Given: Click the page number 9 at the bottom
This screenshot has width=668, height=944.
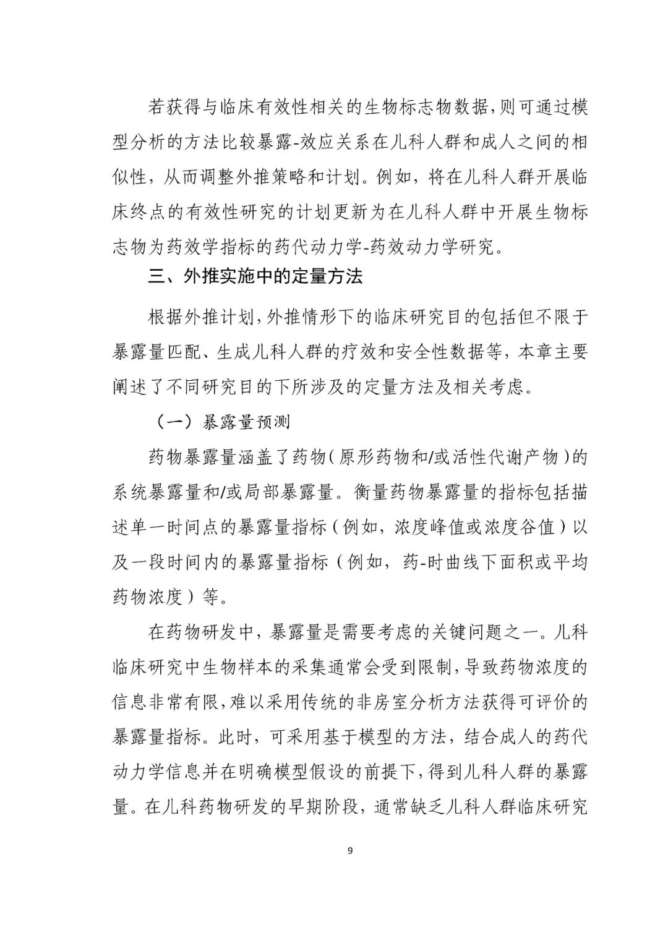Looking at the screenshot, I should click(x=350, y=851).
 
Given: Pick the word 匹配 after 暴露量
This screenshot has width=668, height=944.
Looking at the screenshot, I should click(x=185, y=352).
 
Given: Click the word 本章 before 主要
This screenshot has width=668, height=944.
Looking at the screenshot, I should click(x=535, y=352).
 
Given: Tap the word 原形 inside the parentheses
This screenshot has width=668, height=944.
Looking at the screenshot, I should click(x=357, y=458).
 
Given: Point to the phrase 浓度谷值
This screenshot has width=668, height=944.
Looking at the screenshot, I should click(x=526, y=528).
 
